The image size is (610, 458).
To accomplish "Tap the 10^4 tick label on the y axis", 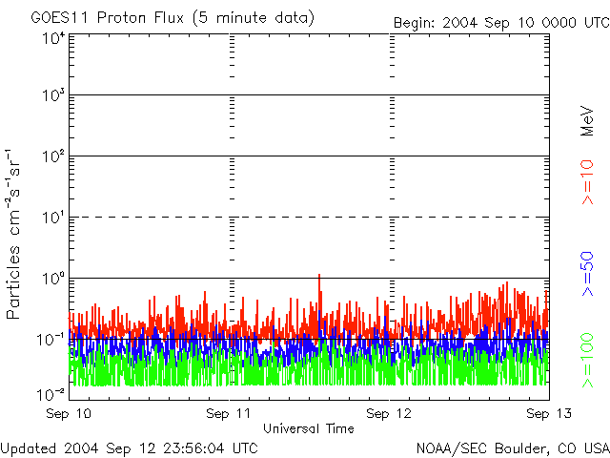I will [x=51, y=38].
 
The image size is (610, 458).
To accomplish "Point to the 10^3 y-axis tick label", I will [x=51, y=97].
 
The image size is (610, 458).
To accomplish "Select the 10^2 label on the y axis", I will [x=51, y=157].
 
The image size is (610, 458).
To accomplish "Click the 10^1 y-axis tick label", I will [x=51, y=219].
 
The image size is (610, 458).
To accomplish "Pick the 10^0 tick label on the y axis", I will [x=51, y=280].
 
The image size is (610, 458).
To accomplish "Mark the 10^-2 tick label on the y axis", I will [x=50, y=395].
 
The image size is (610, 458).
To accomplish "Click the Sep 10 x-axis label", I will [x=71, y=414].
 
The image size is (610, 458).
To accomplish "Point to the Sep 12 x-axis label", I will [x=391, y=414].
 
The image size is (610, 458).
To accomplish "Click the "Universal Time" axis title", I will [x=309, y=428].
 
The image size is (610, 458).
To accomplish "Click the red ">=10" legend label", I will [x=587, y=182].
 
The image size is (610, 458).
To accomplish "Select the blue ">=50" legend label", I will [x=587, y=276].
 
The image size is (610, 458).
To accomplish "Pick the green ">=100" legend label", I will [x=587, y=359].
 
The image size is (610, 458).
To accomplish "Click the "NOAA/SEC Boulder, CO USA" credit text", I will [x=512, y=448].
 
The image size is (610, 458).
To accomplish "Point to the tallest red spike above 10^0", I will [x=318, y=276].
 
